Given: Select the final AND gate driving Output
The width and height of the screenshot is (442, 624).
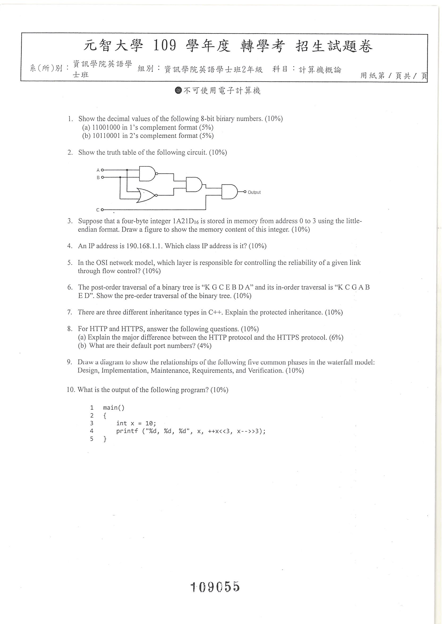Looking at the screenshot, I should click(230, 192).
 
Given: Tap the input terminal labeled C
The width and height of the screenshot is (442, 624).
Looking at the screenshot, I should click(102, 210).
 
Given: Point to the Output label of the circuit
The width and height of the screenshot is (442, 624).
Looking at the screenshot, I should click(254, 192).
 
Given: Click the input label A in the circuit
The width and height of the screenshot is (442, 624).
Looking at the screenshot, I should click(98, 170).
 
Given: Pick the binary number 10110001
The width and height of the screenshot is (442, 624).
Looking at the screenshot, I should click(107, 136).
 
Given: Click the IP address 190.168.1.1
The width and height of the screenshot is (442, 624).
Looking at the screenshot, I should click(144, 246).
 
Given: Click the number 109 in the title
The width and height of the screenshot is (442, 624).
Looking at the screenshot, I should click(165, 45).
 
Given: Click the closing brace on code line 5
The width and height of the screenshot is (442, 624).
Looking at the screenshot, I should click(105, 439).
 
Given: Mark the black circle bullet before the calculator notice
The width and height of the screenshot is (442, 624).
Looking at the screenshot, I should click(178, 90).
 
